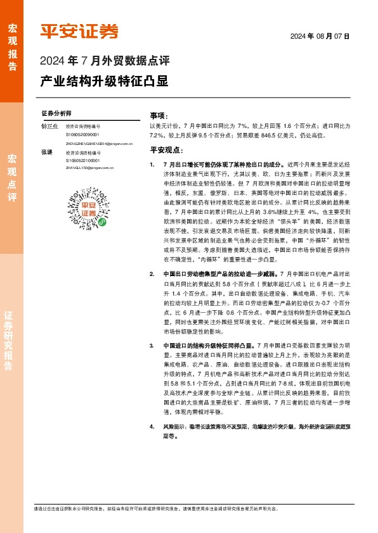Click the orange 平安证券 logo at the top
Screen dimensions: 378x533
[x=79, y=31]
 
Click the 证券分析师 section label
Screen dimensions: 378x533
[x=56, y=113]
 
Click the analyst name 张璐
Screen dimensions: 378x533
[x=47, y=153]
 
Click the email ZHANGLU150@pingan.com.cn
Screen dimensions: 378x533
[x=89, y=168]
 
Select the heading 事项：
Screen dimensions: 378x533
[x=159, y=116]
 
